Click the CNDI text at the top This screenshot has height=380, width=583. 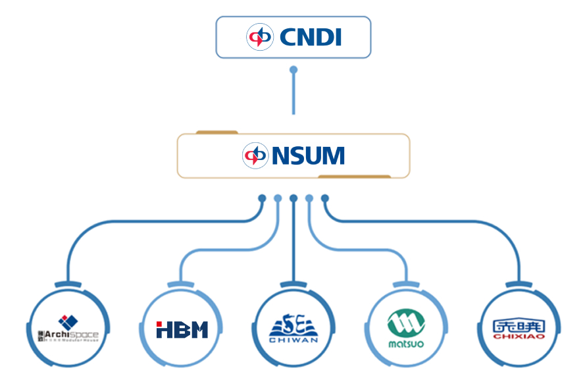click(x=311, y=37)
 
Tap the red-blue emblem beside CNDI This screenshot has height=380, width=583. click(x=259, y=37)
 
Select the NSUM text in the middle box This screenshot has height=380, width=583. click(x=307, y=156)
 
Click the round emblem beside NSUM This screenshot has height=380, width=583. click(x=255, y=156)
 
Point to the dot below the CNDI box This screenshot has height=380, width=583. click(x=293, y=69)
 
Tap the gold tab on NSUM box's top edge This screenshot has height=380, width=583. click(x=216, y=132)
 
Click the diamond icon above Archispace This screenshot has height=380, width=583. click(x=68, y=322)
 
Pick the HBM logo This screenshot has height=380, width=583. click(x=182, y=329)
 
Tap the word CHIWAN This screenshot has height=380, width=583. click(x=293, y=340)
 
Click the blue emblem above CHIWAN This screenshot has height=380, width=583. click(x=293, y=325)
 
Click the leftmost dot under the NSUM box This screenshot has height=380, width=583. click(x=262, y=198)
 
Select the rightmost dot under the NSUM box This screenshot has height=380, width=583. click(x=325, y=198)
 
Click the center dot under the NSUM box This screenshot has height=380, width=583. click(x=293, y=198)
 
